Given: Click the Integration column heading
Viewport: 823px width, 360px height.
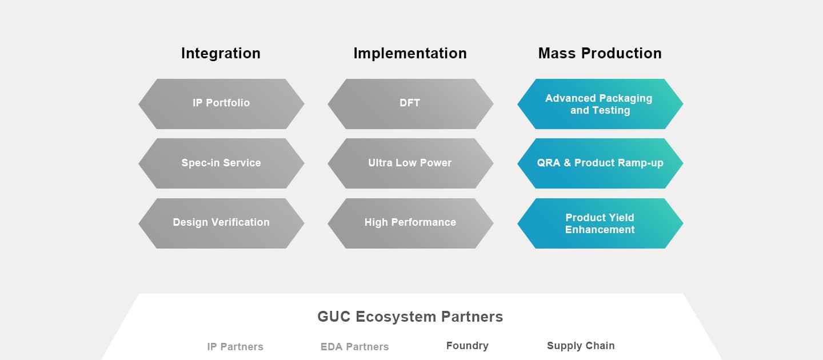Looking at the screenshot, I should pyautogui.click(x=221, y=53).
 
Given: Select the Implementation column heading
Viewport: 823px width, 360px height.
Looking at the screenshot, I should pyautogui.click(x=410, y=53).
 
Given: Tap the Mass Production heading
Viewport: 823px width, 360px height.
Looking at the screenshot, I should pyautogui.click(x=600, y=53).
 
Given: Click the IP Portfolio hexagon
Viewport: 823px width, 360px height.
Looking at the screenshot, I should pyautogui.click(x=221, y=103).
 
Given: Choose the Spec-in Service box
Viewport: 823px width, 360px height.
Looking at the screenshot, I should pyautogui.click(x=221, y=163).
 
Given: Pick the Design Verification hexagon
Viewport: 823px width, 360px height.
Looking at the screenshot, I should pyautogui.click(x=221, y=223).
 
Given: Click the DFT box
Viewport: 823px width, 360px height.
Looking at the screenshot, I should pyautogui.click(x=410, y=103).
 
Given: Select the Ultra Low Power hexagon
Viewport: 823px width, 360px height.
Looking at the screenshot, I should pyautogui.click(x=410, y=163).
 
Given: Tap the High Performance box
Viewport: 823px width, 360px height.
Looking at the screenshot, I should pyautogui.click(x=410, y=223).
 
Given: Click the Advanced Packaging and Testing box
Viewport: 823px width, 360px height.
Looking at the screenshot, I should pyautogui.click(x=600, y=103).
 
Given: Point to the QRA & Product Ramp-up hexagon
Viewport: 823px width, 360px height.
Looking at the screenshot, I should pyautogui.click(x=600, y=163).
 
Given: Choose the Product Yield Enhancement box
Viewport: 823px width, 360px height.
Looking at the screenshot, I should pyautogui.click(x=600, y=223).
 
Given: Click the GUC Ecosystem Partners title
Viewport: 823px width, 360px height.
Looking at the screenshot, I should pyautogui.click(x=410, y=317).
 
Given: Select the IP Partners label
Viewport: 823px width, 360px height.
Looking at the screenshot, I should pyautogui.click(x=235, y=347).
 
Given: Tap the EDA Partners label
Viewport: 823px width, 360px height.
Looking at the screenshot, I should pyautogui.click(x=354, y=347).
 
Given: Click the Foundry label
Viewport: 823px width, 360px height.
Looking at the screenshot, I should pyautogui.click(x=467, y=346).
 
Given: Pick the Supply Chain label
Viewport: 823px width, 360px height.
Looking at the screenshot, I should pyautogui.click(x=581, y=346).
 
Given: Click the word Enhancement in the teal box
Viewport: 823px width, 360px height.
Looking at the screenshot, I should pyautogui.click(x=600, y=230).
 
